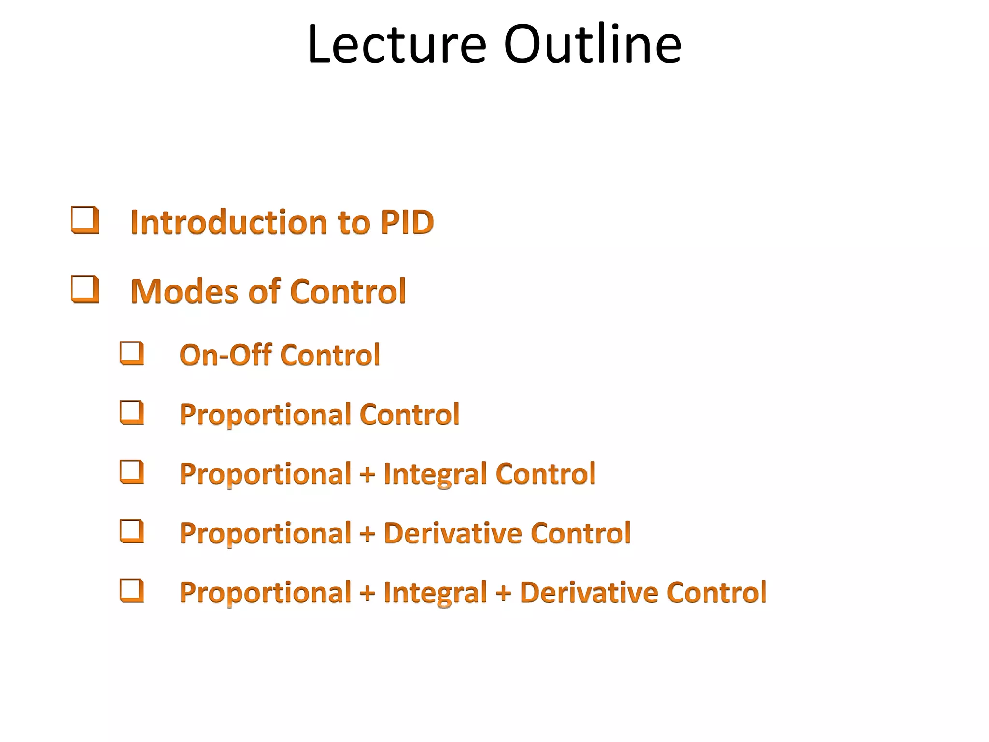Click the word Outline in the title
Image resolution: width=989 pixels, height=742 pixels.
(593, 44)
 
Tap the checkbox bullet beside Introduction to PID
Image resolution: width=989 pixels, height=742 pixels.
(85, 220)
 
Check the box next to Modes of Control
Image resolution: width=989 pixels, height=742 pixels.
(85, 289)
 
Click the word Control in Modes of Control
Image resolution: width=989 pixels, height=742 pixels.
(348, 292)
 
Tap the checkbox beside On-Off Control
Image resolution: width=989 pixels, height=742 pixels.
(132, 353)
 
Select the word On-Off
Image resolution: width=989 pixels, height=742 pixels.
(226, 355)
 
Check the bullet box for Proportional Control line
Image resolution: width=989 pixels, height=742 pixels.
(132, 413)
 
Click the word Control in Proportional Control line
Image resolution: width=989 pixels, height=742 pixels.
(409, 414)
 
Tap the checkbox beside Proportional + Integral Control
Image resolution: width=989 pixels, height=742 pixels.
(132, 472)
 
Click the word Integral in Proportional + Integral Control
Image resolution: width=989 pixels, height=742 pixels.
(435, 474)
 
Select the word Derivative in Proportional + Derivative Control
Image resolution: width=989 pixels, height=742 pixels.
(452, 533)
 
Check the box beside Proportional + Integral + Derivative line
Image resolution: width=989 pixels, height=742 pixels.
(132, 591)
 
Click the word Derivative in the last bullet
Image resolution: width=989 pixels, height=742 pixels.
(589, 593)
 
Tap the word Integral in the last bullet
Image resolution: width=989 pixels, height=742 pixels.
(435, 593)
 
